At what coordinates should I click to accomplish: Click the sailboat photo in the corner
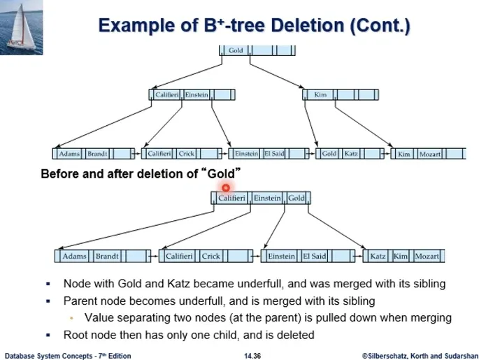(x=22, y=27)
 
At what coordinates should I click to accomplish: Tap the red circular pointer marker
(x=226, y=188)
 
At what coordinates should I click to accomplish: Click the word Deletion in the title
(x=308, y=25)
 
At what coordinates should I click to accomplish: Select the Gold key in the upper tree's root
(x=236, y=50)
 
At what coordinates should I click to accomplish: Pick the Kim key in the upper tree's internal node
(x=320, y=94)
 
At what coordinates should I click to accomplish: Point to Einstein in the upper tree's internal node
(x=196, y=94)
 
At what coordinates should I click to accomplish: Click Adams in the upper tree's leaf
(x=69, y=154)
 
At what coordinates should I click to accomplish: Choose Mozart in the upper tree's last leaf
(x=430, y=154)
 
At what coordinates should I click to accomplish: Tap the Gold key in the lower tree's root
(x=296, y=198)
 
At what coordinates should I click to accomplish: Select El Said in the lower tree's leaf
(x=315, y=256)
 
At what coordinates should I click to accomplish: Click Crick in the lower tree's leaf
(x=210, y=256)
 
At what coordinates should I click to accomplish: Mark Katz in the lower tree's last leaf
(x=378, y=256)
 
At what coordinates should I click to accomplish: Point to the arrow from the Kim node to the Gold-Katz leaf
(x=311, y=123)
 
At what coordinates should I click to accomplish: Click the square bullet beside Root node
(x=48, y=335)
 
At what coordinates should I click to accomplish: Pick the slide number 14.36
(x=252, y=356)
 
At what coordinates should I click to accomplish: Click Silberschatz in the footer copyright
(x=385, y=356)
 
